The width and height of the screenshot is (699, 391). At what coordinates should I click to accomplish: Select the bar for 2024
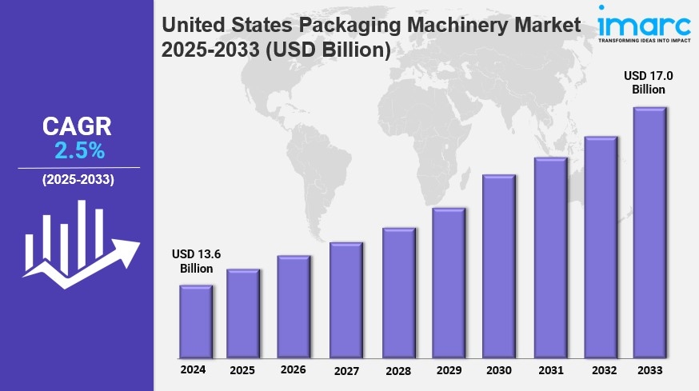(195, 321)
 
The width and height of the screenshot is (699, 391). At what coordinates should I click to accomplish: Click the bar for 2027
(346, 300)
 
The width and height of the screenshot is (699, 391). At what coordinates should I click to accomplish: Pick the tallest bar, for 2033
(649, 233)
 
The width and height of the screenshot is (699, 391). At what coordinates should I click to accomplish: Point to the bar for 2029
(448, 283)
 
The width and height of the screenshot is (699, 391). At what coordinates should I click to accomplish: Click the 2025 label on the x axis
(242, 370)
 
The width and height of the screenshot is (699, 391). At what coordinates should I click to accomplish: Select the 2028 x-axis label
(397, 370)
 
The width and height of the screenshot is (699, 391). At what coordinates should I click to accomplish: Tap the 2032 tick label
(601, 370)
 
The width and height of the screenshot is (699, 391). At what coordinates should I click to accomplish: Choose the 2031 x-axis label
(550, 370)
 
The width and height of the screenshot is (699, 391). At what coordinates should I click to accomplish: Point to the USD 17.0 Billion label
(648, 82)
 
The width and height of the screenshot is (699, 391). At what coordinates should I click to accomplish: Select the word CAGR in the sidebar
(78, 126)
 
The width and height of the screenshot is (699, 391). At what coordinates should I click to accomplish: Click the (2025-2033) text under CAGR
(78, 179)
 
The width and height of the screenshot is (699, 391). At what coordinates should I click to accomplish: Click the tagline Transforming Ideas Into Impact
(644, 38)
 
